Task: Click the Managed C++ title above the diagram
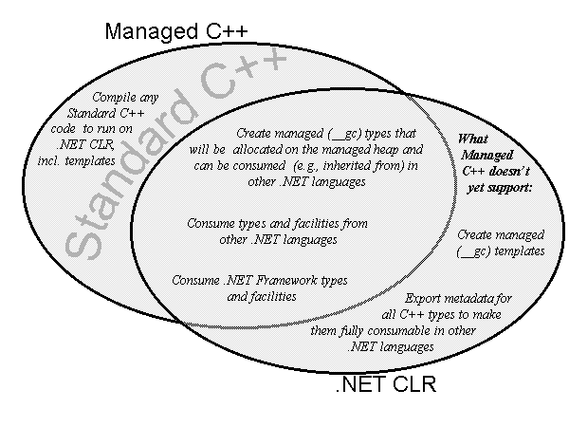click(x=176, y=30)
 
